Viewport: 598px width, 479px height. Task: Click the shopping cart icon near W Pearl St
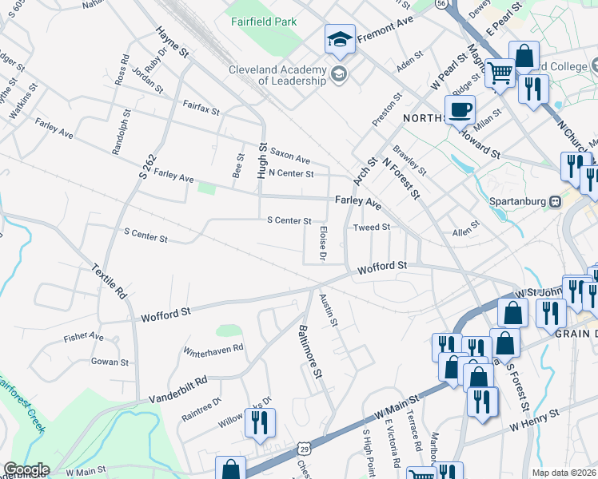[x=500, y=73]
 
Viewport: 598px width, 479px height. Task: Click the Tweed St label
[x=371, y=227]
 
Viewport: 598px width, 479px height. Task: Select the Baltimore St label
[x=309, y=350]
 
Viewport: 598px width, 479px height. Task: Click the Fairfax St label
[x=201, y=108]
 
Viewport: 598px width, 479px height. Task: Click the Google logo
[x=26, y=469]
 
